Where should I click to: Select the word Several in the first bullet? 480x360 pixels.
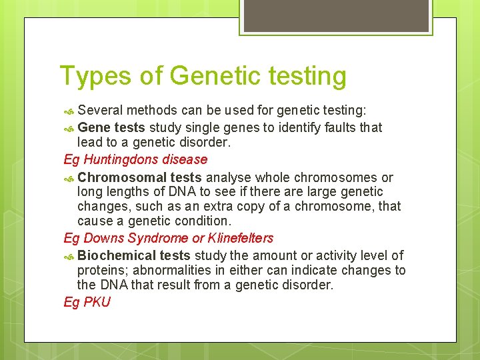click(100, 109)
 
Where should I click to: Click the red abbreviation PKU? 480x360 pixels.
click(97, 302)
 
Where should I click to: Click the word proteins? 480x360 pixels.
click(100, 270)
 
